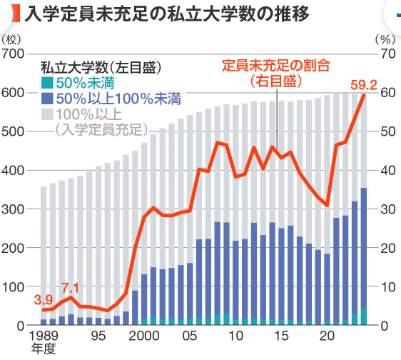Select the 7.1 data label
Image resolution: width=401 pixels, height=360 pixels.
coord(71,288)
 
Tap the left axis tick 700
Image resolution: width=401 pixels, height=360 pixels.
coord(15,54)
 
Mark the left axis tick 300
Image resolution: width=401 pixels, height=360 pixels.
coord(15,209)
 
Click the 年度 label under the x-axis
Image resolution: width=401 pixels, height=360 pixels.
coord(44,350)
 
